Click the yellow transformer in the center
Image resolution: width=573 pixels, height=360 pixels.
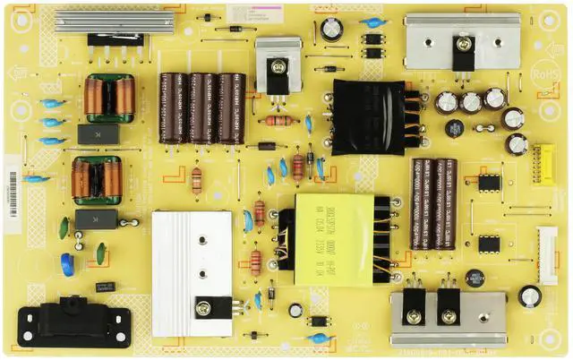coord(333,239)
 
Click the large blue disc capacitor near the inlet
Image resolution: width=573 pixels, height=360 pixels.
coord(67,261)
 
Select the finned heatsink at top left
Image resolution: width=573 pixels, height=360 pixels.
coord(102,21)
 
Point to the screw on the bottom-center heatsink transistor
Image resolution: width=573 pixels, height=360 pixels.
coord(203,308)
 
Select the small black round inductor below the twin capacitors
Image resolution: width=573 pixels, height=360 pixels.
coord(475,279)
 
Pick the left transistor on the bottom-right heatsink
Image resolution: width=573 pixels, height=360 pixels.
coord(414,305)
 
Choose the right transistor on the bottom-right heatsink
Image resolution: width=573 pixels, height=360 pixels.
coord(447,305)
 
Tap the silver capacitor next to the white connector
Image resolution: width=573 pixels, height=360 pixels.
coord(530,296)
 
